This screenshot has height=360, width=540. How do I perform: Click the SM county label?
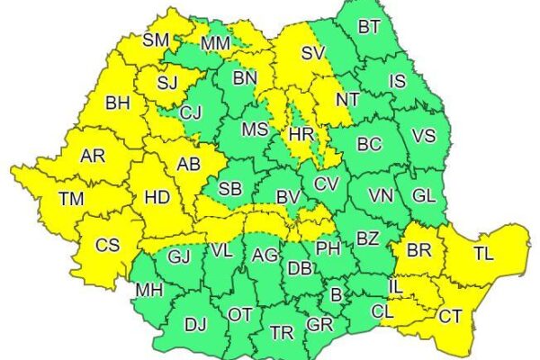157,40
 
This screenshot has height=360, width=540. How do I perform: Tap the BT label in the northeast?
369,26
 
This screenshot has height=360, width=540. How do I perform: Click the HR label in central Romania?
299,137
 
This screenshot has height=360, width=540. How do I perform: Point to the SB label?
229,189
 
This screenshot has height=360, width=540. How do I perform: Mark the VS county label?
423,135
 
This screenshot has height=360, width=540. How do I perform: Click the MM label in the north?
215,42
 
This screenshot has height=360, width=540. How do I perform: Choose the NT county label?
348,99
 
